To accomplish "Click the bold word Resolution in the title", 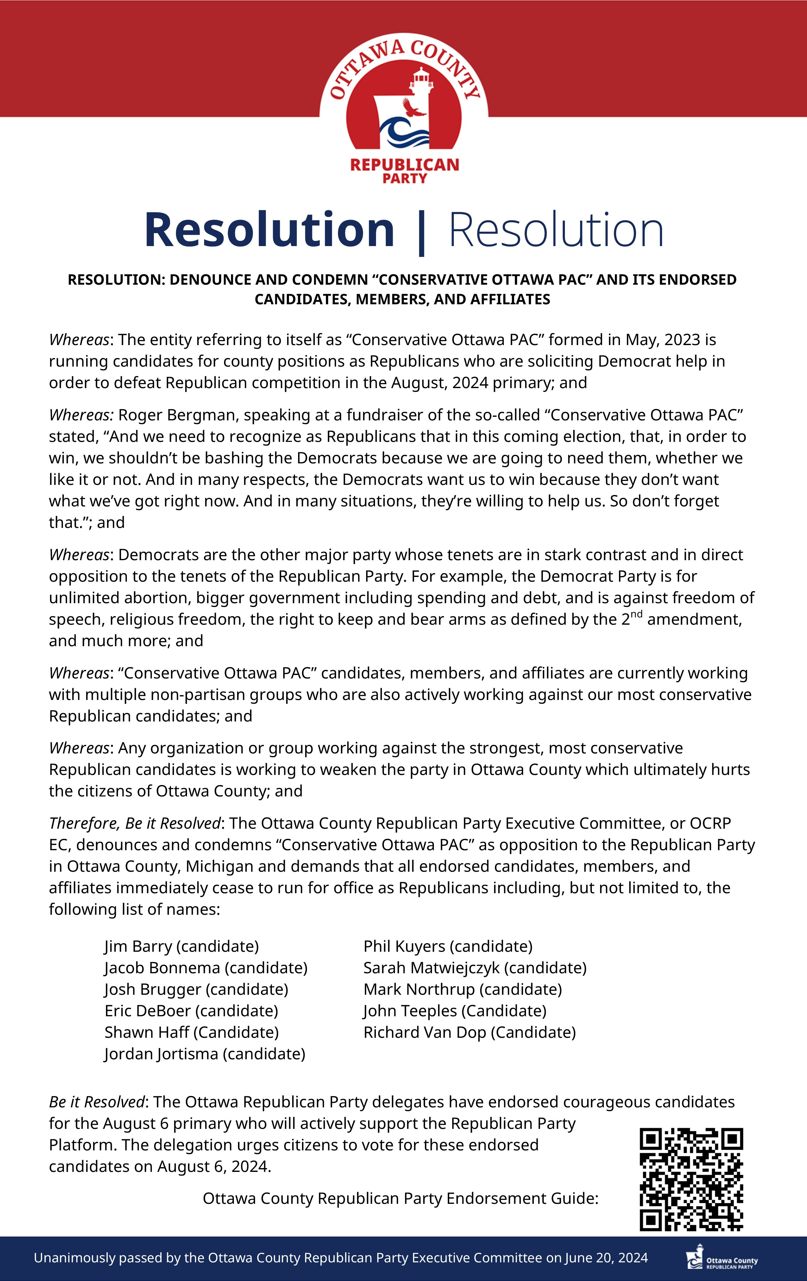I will (269, 230).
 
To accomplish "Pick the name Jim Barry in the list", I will (140, 946).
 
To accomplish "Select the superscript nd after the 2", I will (637, 615).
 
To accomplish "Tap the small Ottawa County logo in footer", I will (721, 1258).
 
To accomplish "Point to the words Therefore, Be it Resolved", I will (134, 824).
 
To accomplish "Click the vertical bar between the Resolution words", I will (422, 232).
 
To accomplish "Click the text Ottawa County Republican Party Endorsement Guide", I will (400, 1198).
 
